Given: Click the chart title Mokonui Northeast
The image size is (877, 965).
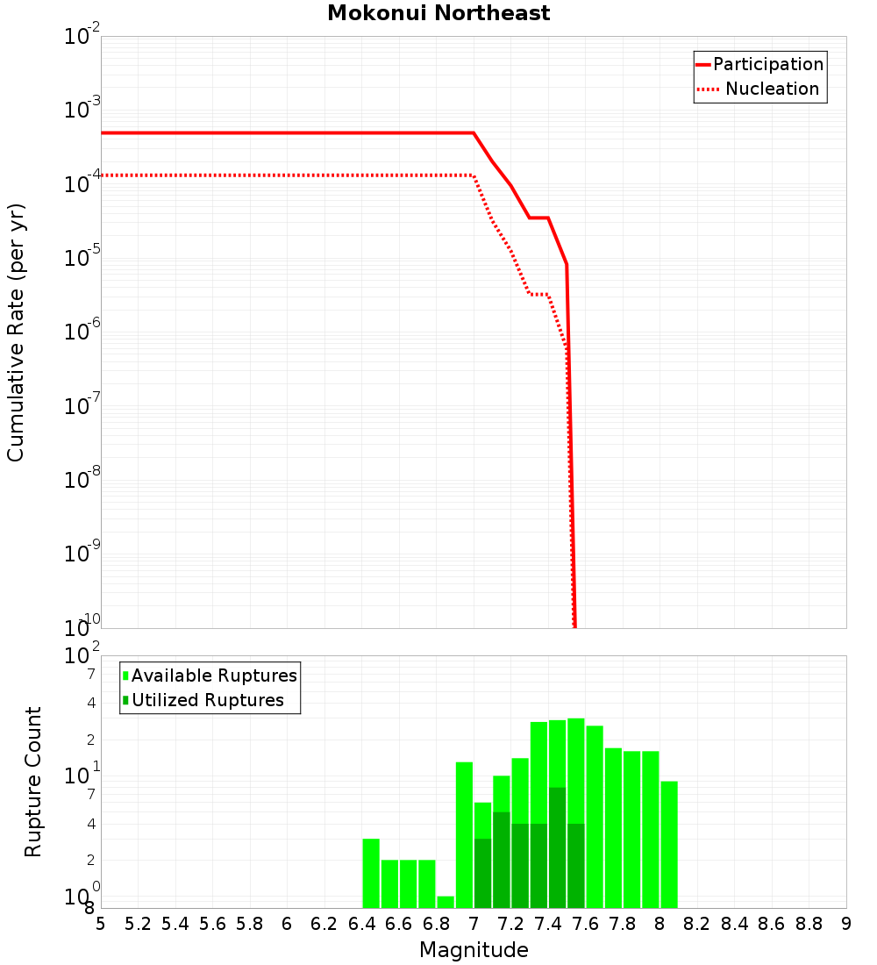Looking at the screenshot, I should coord(438,14).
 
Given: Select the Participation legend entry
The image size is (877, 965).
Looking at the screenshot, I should coord(768,65).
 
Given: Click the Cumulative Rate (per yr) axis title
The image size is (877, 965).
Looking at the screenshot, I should coord(16,332).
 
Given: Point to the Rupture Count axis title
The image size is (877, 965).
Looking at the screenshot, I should coord(33,782).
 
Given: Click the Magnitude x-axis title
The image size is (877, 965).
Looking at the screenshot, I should coord(474,950).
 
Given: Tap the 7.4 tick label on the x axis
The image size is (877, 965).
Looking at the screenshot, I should coord(548,924).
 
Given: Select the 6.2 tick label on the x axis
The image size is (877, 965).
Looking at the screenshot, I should coord(324,924).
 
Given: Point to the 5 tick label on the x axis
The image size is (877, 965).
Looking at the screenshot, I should coord(101,924).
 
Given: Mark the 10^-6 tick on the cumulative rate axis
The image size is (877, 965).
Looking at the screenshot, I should coord(82,332).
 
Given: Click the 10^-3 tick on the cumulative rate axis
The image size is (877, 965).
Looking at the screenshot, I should coord(82,111).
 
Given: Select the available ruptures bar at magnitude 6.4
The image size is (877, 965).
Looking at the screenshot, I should coord(371,873).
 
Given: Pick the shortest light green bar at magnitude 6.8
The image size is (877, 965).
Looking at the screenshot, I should coord(446,902).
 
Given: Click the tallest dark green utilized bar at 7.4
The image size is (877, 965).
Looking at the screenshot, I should coord(557,847).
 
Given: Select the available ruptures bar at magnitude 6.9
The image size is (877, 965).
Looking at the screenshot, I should coord(465,834).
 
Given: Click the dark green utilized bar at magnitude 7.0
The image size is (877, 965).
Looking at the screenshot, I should coord(483,873).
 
